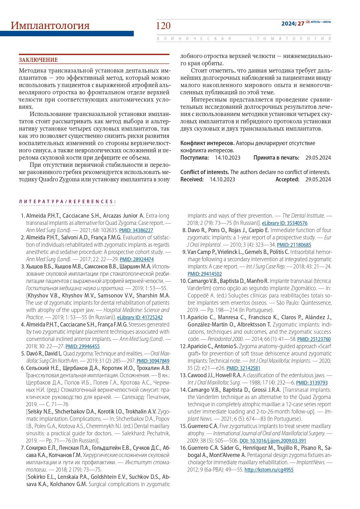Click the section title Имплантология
pos(50,26)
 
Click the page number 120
pos(163,26)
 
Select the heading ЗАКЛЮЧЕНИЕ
pos(38,60)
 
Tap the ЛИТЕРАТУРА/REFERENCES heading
pos(67,201)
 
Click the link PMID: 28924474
pos(137,259)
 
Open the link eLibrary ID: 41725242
pos(140,317)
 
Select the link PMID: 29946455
pos(83,346)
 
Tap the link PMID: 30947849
pos(153,361)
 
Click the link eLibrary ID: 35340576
pos(285,223)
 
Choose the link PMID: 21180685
pos(294,245)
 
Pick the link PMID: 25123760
pos(314,339)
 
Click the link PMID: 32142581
pos(243,368)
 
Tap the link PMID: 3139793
pos(312,383)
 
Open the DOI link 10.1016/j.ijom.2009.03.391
pos(273,441)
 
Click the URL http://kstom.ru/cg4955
pos(269,470)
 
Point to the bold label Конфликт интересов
pos(207,143)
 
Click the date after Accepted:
pos(318,179)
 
